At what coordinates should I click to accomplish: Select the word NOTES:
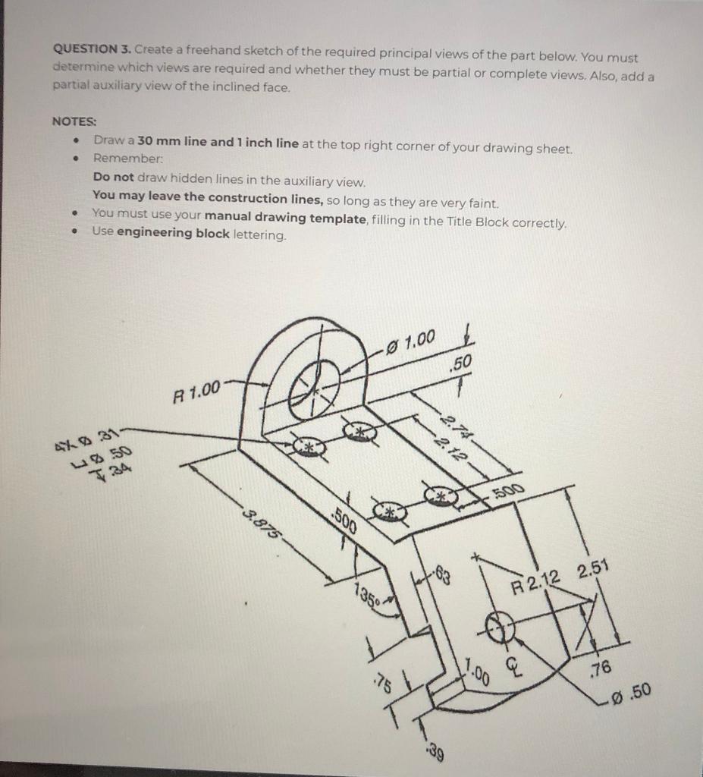point(74,121)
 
